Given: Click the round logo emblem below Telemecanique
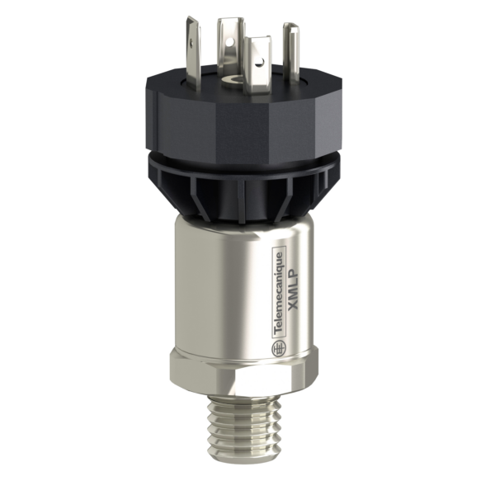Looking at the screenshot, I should pos(277,349).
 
